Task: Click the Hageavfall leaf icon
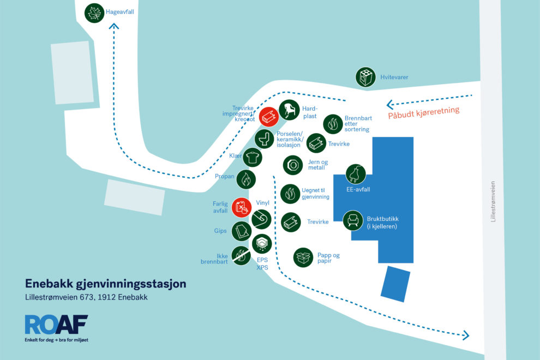click(94, 13)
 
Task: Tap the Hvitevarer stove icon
click(365, 77)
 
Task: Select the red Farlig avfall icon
click(242, 207)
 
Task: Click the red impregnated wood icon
click(268, 117)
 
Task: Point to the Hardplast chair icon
click(289, 110)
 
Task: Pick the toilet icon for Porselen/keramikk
click(264, 139)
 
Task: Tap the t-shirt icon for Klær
click(253, 158)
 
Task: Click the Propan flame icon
click(246, 179)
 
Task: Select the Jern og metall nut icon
click(293, 165)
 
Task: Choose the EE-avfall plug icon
click(356, 174)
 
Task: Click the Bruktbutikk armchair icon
click(353, 220)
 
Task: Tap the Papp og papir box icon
click(303, 257)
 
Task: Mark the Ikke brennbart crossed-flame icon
click(241, 255)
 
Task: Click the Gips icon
click(242, 231)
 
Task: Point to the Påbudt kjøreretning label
click(424, 113)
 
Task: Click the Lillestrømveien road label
click(493, 201)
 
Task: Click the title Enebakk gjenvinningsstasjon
click(106, 284)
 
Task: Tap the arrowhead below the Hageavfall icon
click(114, 26)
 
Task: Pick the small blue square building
click(395, 284)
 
